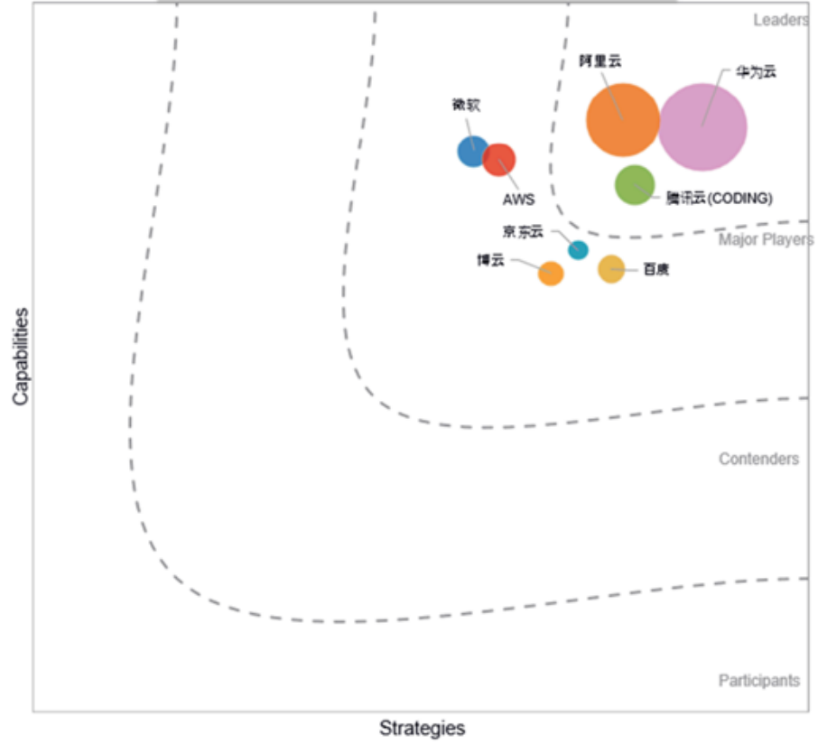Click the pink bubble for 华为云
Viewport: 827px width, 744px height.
(702, 126)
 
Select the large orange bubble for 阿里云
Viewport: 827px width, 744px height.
(622, 119)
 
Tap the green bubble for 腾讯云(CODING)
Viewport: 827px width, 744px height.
(635, 185)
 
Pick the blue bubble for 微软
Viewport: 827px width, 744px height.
(471, 151)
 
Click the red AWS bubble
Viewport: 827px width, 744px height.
(499, 160)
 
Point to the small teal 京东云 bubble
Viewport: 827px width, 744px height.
(578, 250)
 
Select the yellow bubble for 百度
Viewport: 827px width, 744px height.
(611, 269)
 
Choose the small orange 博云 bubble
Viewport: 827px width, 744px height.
(551, 273)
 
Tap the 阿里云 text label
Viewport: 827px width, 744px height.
(600, 61)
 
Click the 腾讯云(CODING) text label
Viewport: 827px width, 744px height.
(720, 199)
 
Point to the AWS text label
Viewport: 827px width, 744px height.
(518, 200)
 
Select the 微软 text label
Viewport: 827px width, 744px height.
(466, 105)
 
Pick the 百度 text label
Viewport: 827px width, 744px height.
(656, 270)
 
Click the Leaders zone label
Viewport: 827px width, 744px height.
(780, 20)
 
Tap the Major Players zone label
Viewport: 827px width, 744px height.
(766, 240)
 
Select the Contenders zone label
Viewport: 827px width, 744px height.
(758, 460)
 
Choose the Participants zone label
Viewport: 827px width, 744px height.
(758, 681)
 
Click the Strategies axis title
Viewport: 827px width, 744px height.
(422, 729)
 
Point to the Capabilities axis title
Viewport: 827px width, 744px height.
(19, 356)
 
